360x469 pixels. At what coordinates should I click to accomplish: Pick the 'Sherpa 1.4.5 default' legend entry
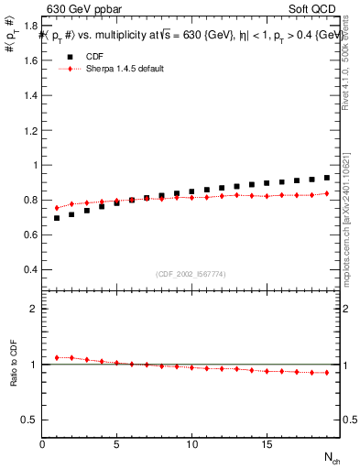124,69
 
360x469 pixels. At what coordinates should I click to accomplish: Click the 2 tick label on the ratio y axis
34,310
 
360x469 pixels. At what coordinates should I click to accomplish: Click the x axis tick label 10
191,444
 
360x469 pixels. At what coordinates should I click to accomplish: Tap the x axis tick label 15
266,444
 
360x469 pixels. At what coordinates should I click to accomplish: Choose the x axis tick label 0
42,444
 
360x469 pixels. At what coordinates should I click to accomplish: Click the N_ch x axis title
331,456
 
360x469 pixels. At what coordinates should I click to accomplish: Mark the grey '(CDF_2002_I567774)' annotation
191,273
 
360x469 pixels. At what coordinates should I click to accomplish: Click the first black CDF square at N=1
57,218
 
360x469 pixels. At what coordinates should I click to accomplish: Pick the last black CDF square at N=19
326,178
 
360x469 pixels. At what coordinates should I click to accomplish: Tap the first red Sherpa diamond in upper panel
57,208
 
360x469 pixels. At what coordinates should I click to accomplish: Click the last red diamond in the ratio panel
326,372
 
